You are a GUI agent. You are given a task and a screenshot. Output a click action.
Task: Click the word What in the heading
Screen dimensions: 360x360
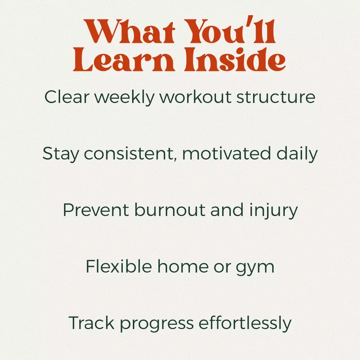click(130, 31)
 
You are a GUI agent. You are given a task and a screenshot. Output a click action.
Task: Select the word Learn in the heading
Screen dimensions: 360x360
click(124, 59)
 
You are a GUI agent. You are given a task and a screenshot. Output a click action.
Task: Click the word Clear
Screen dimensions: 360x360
click(67, 97)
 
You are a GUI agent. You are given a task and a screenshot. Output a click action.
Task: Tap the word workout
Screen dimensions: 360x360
click(195, 97)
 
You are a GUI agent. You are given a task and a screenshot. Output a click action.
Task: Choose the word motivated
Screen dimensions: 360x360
click(226, 153)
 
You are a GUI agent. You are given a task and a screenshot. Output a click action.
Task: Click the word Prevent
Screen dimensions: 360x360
click(96, 210)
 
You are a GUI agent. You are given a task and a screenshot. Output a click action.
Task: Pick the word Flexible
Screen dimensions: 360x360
click(119, 266)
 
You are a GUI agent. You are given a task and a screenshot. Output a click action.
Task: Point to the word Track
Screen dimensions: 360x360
click(91, 323)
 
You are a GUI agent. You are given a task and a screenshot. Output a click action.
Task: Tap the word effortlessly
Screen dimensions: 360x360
click(245, 323)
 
